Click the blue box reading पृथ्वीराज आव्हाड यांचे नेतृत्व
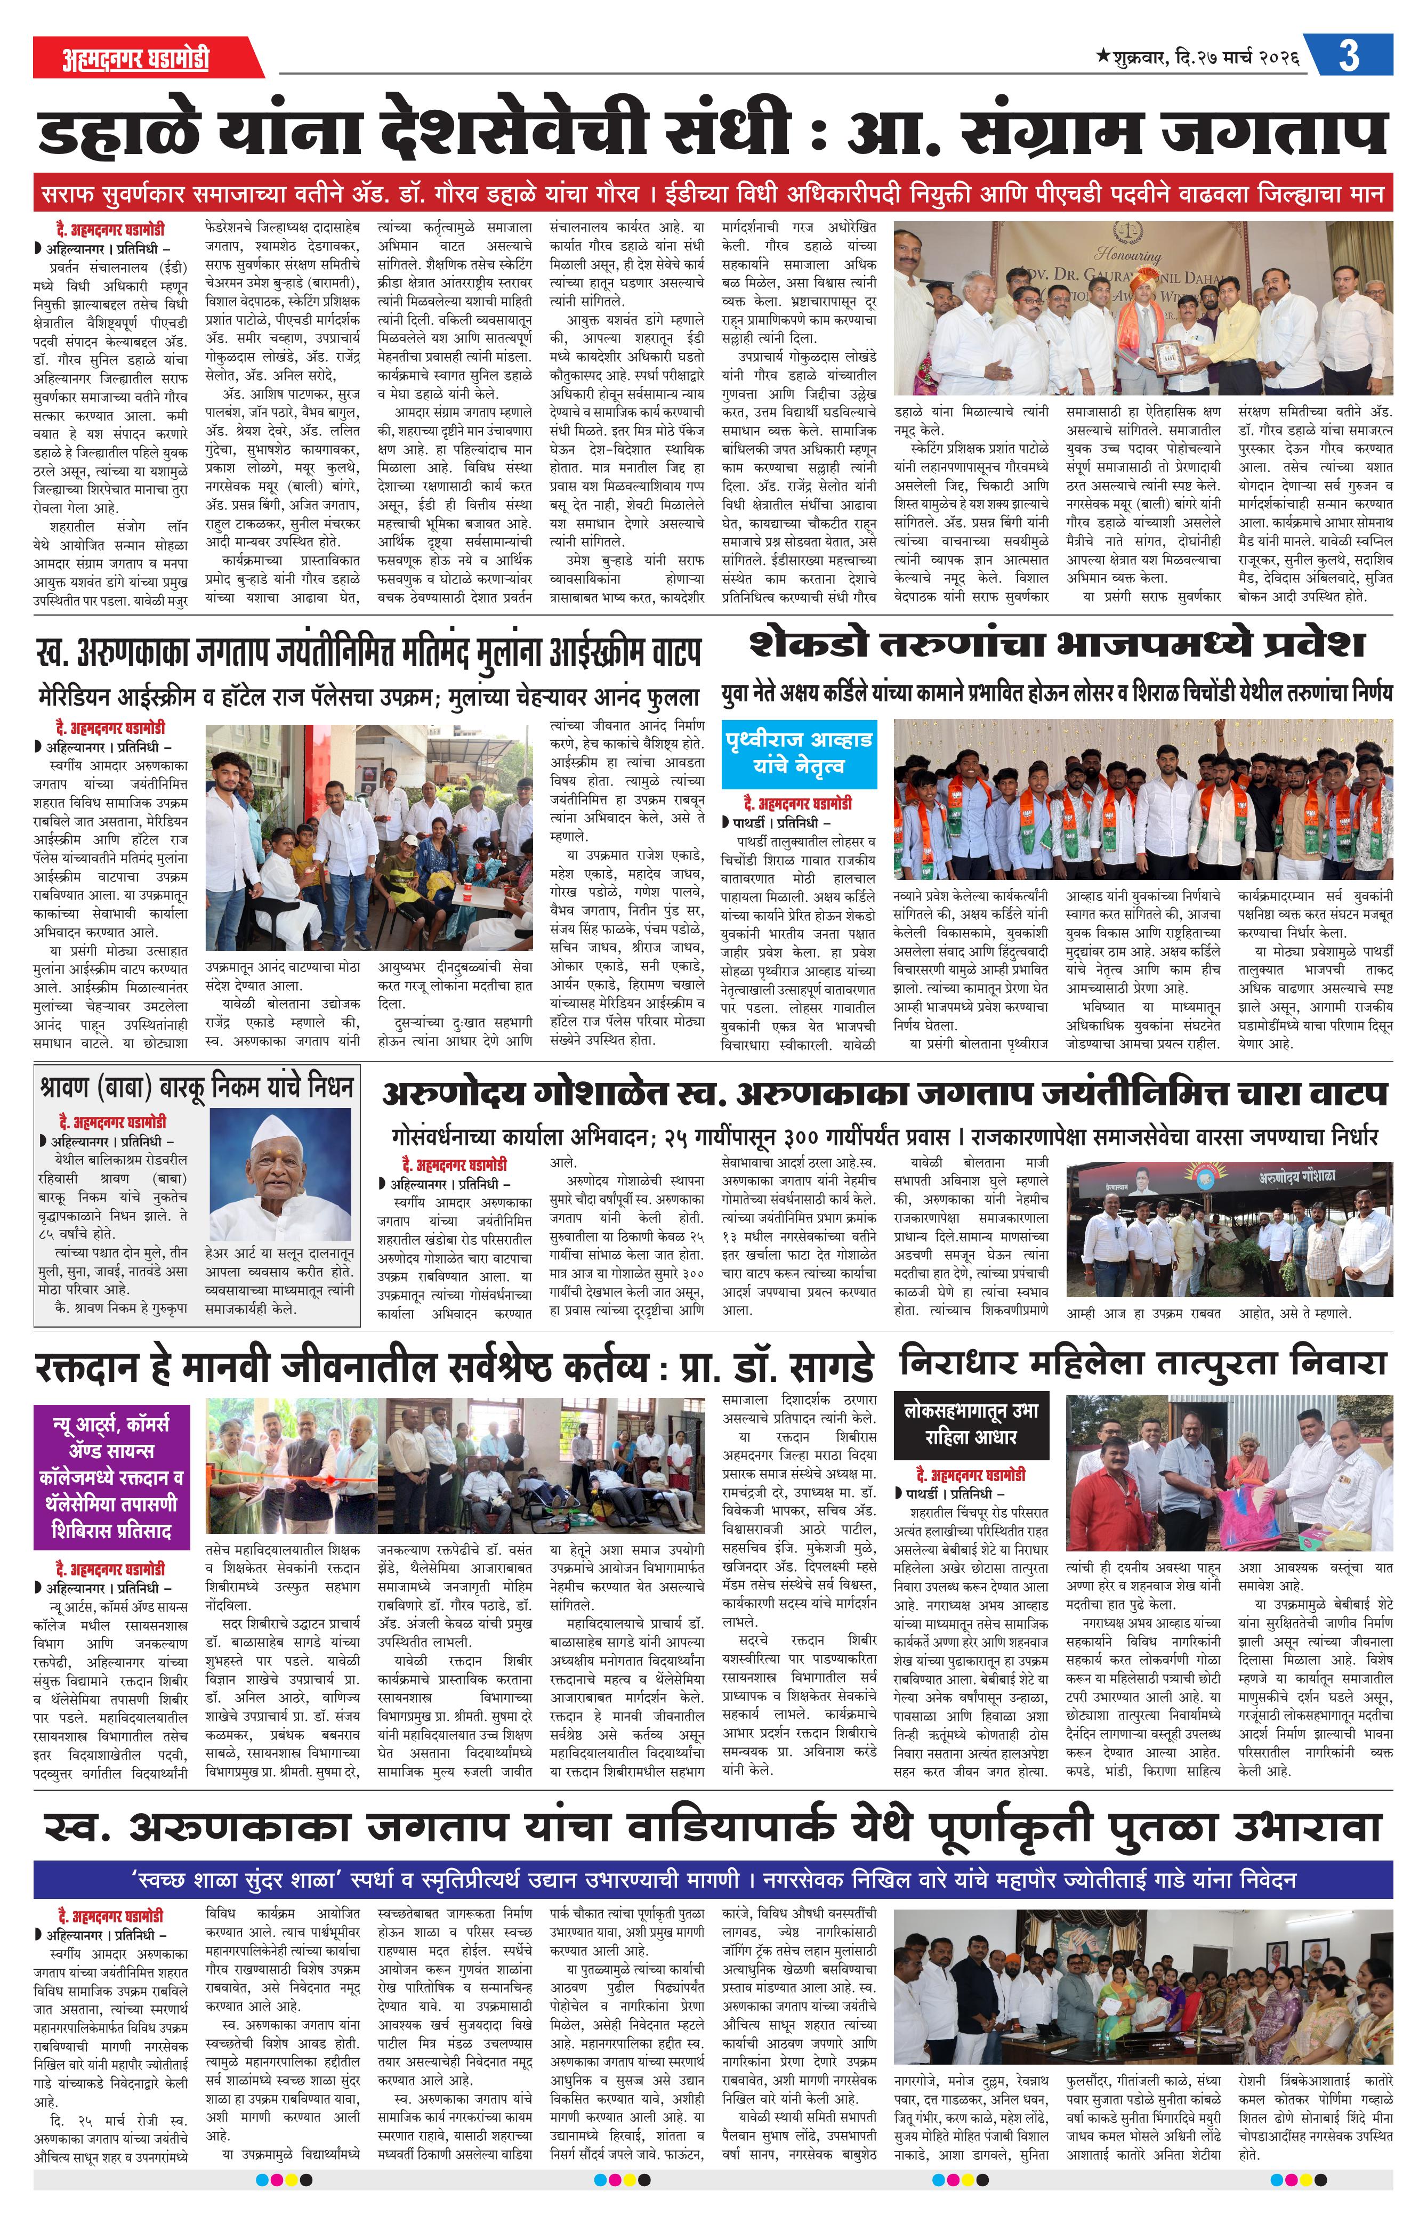tap(798, 752)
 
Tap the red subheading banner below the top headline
tap(713, 196)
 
